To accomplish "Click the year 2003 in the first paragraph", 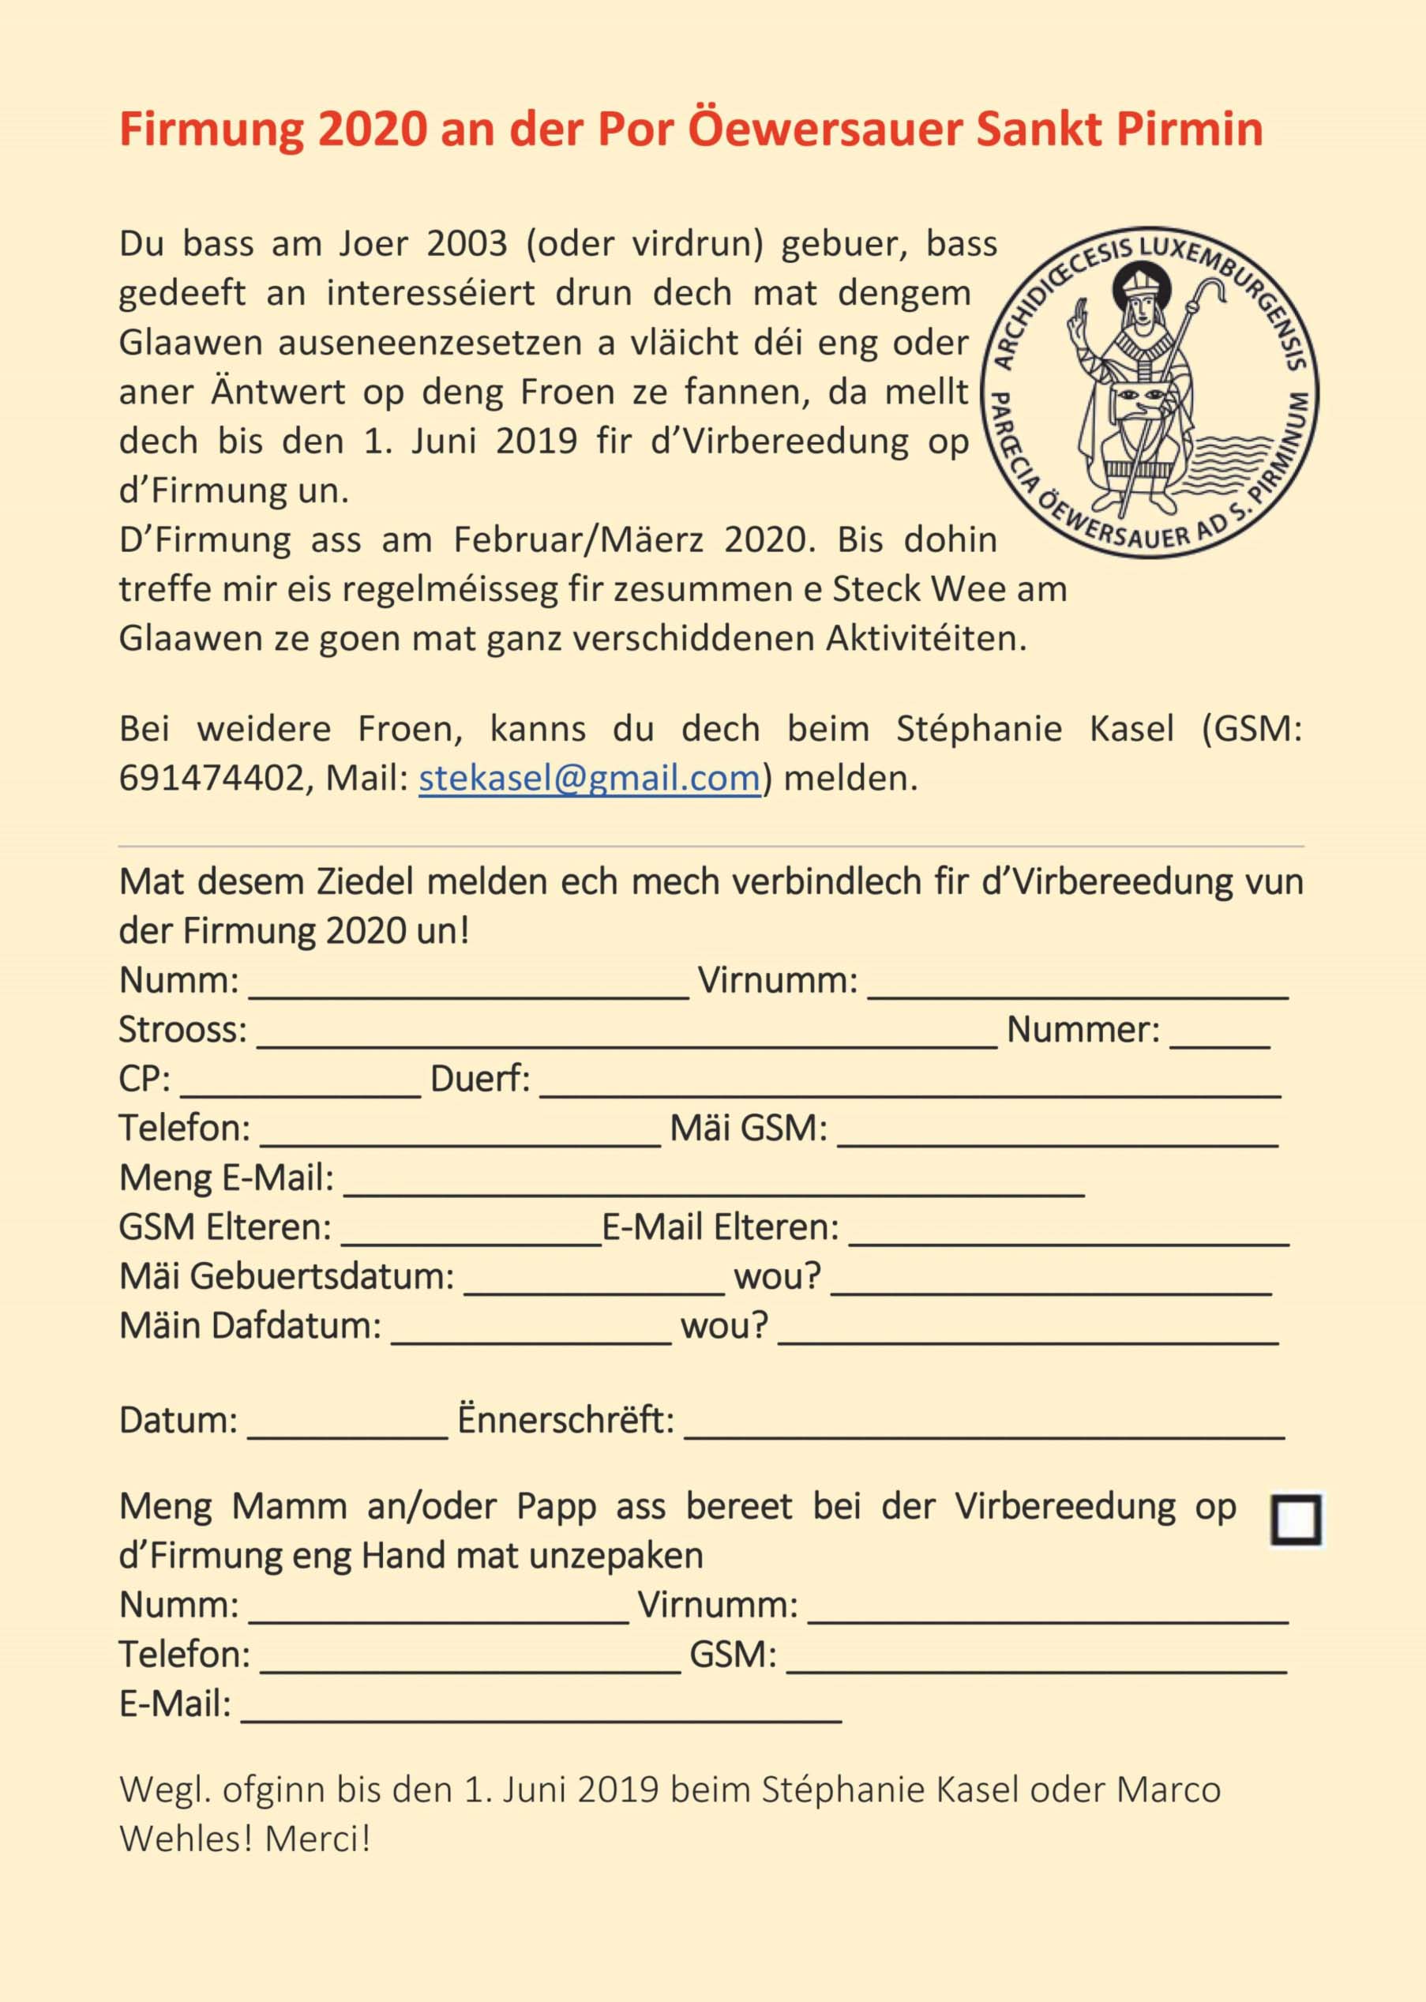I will (x=467, y=244).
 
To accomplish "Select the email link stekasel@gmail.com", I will (x=589, y=779).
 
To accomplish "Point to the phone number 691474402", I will (x=211, y=779).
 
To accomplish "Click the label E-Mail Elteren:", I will (x=720, y=1227).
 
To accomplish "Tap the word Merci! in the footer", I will (x=318, y=1839).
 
